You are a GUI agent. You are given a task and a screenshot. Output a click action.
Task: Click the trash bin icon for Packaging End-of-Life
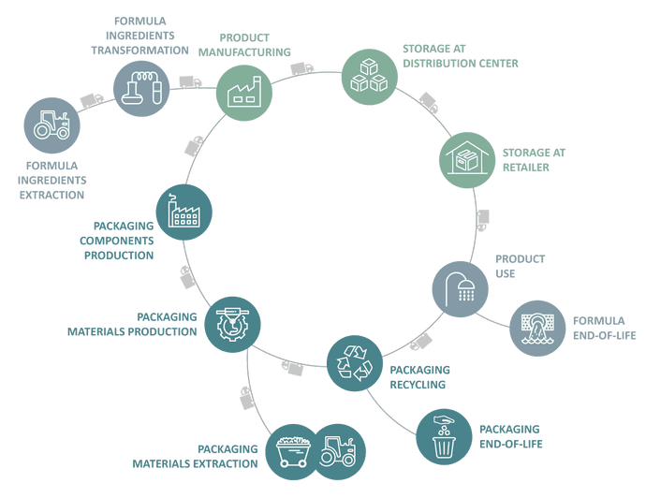point(443,434)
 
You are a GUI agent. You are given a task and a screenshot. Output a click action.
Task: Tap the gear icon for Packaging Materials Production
point(231,324)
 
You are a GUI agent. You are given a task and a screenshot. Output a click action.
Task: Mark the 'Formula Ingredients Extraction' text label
point(52,181)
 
